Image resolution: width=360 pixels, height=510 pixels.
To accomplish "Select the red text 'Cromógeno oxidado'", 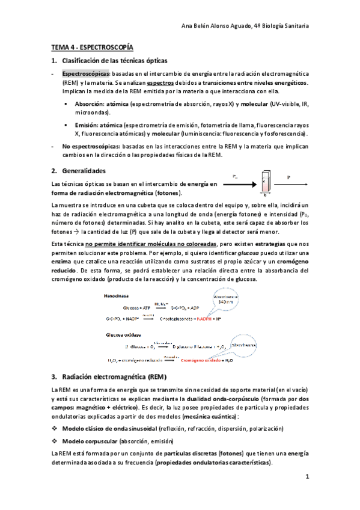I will [x=192, y=360].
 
